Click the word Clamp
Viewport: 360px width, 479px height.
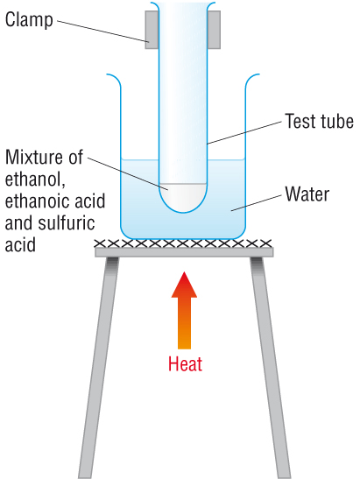pos(29,20)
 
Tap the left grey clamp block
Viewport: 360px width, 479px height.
pos(152,30)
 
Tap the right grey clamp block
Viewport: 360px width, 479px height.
pos(214,30)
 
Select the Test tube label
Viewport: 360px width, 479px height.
pos(319,121)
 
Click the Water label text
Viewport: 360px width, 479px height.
pos(307,194)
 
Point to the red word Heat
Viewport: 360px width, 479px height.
pos(185,363)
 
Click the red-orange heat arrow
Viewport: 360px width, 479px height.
pos(184,310)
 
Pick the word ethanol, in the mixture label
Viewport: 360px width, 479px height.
pos(35,179)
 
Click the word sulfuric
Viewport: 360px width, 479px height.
pos(66,222)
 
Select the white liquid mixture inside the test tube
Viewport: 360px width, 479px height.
pos(183,197)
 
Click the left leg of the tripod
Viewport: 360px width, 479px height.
pos(98,368)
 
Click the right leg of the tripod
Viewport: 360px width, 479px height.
pos(270,368)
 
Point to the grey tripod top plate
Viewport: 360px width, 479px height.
pos(184,252)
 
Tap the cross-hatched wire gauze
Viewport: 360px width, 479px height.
pos(183,243)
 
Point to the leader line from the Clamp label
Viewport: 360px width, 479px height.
pos(103,31)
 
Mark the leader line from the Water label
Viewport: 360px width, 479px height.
pos(256,202)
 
